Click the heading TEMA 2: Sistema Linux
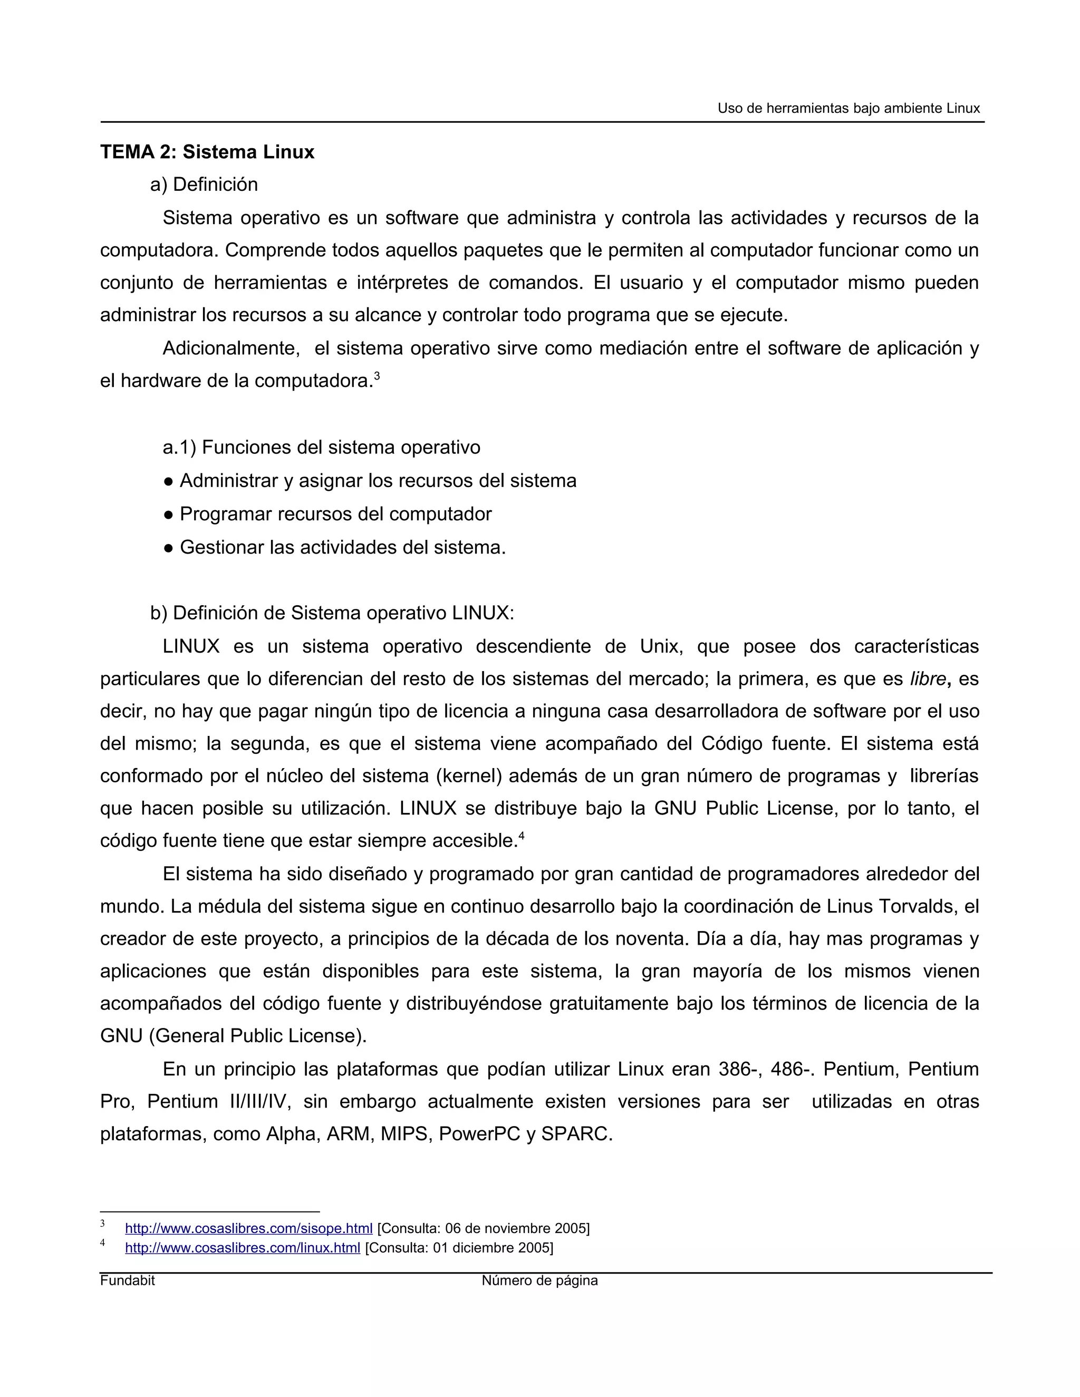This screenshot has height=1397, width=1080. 207,152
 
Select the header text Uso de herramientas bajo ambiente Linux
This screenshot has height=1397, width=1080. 848,109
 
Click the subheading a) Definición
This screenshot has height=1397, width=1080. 204,185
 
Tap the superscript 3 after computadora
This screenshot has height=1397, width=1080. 377,377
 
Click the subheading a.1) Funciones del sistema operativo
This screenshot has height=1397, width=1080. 321,447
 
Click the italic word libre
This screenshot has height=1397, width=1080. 928,678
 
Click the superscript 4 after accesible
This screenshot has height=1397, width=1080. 522,836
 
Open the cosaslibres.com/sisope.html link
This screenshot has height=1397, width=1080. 248,1228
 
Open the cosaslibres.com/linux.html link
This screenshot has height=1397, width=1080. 243,1248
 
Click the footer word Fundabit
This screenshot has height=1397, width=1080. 127,1280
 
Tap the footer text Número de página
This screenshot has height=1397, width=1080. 539,1280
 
